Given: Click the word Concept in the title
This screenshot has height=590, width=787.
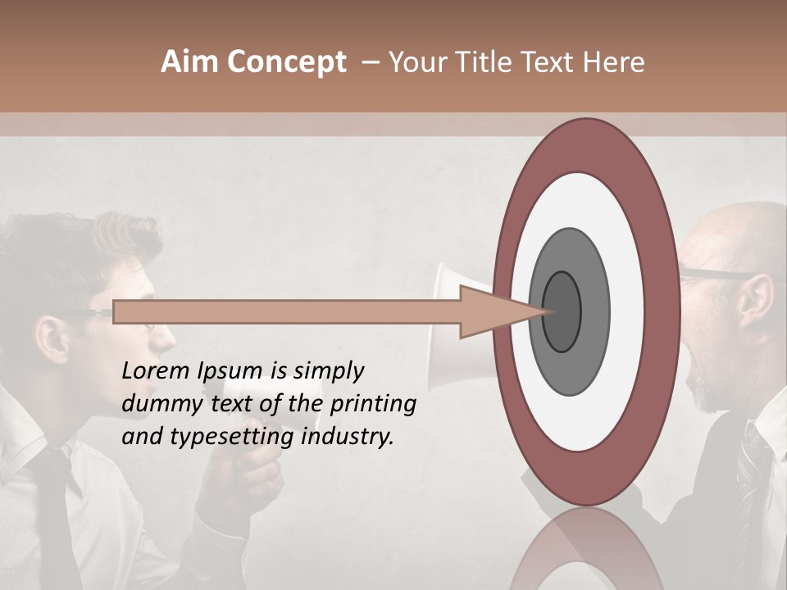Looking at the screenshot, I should (x=286, y=62).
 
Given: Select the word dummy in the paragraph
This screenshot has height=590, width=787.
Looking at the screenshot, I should (x=157, y=404).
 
